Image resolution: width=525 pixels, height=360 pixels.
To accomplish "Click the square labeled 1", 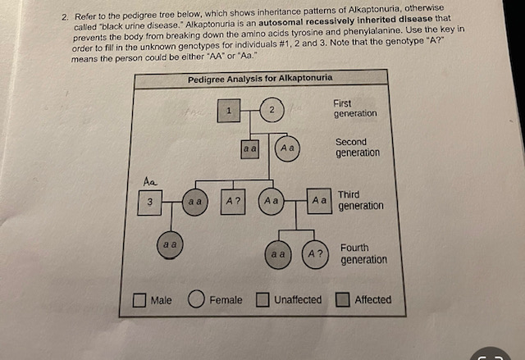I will click(230, 109).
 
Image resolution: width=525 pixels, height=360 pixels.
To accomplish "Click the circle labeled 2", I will click(272, 110).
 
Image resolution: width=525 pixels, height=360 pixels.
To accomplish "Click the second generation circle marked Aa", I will click(287, 148).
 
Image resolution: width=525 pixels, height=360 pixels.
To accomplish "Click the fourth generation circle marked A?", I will click(315, 254).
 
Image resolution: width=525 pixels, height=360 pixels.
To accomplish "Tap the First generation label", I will click(355, 108).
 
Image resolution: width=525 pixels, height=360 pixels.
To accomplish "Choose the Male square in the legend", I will click(140, 300).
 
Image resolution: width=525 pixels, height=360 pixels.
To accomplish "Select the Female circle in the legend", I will click(197, 300).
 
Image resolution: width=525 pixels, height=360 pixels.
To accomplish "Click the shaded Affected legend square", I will click(343, 300).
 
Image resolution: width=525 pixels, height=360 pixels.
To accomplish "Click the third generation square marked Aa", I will click(319, 200).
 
